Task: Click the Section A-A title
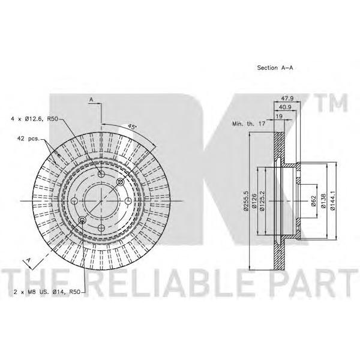point(275,68)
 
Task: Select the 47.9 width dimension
point(287,98)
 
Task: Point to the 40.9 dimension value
point(284,107)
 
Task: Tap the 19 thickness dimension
point(279,116)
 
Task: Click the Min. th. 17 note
point(248,124)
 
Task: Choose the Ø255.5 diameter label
point(246,201)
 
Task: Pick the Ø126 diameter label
point(254,201)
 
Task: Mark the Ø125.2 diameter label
point(262,201)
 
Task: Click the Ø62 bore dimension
point(314,201)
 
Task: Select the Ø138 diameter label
point(323,201)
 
